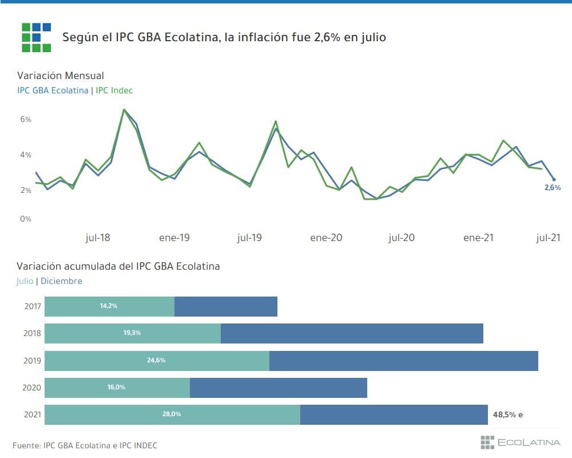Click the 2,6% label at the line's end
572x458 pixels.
point(553,188)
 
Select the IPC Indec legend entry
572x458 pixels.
point(114,90)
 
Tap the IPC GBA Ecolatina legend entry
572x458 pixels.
point(53,90)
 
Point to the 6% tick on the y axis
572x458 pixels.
point(26,119)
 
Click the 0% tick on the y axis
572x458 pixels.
point(26,219)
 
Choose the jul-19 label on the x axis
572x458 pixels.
point(249,238)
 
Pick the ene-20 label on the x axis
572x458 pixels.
point(326,238)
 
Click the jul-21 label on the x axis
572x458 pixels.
point(548,238)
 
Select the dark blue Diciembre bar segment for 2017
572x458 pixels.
point(226,306)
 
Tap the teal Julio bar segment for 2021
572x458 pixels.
point(172,414)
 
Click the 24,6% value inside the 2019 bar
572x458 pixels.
point(156,361)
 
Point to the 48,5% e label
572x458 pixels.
point(507,414)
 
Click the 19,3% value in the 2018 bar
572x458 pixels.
point(132,333)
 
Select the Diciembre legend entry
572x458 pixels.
point(62,281)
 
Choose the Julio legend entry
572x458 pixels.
point(25,281)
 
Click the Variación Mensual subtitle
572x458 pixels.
point(60,76)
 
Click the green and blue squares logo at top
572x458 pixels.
point(36,37)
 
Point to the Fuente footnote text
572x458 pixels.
point(85,445)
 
